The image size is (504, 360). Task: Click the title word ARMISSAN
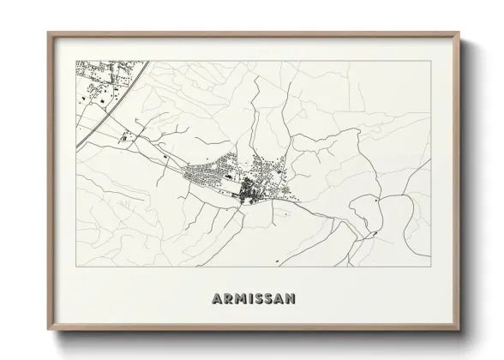253,298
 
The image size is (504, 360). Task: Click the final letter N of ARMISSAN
291,298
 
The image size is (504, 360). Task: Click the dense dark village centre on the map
249,188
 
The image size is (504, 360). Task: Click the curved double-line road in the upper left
111,103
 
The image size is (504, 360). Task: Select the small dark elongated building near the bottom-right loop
370,233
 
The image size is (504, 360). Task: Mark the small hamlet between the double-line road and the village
129,135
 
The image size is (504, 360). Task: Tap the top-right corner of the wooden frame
459,33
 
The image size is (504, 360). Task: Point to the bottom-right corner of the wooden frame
459,331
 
